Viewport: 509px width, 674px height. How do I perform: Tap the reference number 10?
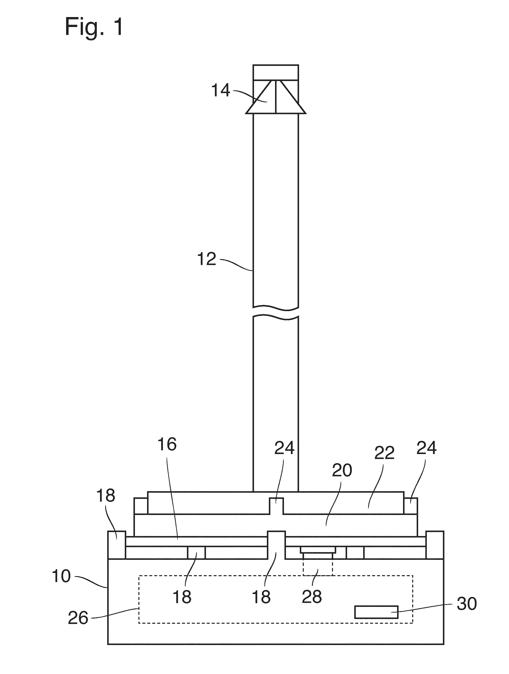click(x=61, y=576)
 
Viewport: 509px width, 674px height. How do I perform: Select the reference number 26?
click(x=78, y=618)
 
